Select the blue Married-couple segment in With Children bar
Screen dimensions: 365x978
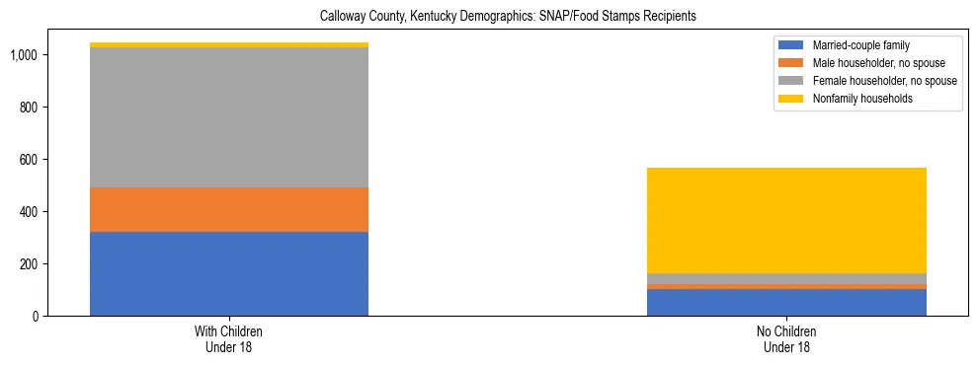tap(229, 273)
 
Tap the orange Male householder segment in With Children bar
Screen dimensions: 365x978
tap(229, 209)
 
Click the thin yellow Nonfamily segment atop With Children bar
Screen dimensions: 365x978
tap(229, 44)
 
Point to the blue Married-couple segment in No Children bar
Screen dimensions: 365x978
tap(786, 302)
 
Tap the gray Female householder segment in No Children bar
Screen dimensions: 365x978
tap(786, 278)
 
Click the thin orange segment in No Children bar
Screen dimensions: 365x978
tap(786, 287)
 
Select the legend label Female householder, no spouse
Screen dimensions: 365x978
tap(882, 81)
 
